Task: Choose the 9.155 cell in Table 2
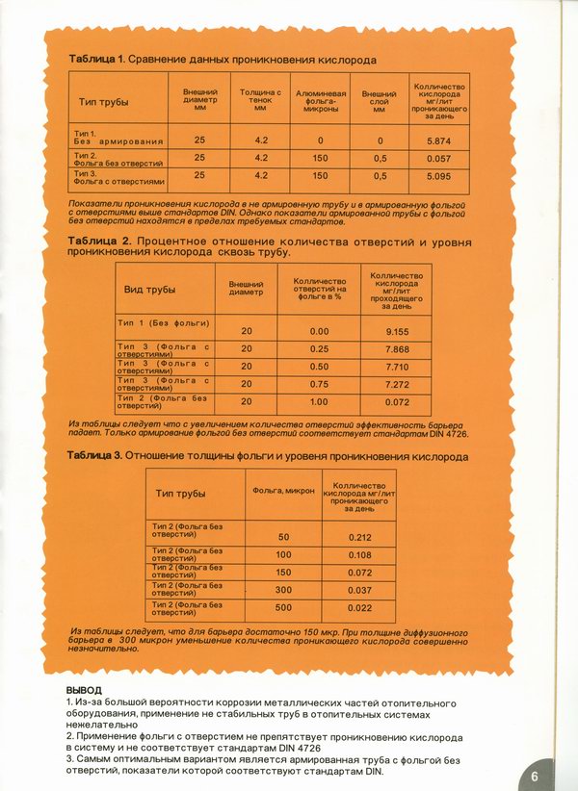[397, 331]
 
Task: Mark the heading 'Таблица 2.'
[99, 239]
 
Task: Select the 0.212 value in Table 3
[360, 537]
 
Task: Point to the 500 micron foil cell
[283, 608]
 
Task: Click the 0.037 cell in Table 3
[360, 590]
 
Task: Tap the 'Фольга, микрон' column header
[283, 492]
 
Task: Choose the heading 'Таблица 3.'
[95, 456]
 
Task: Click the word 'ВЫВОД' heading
[84, 691]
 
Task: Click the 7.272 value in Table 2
[397, 385]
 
